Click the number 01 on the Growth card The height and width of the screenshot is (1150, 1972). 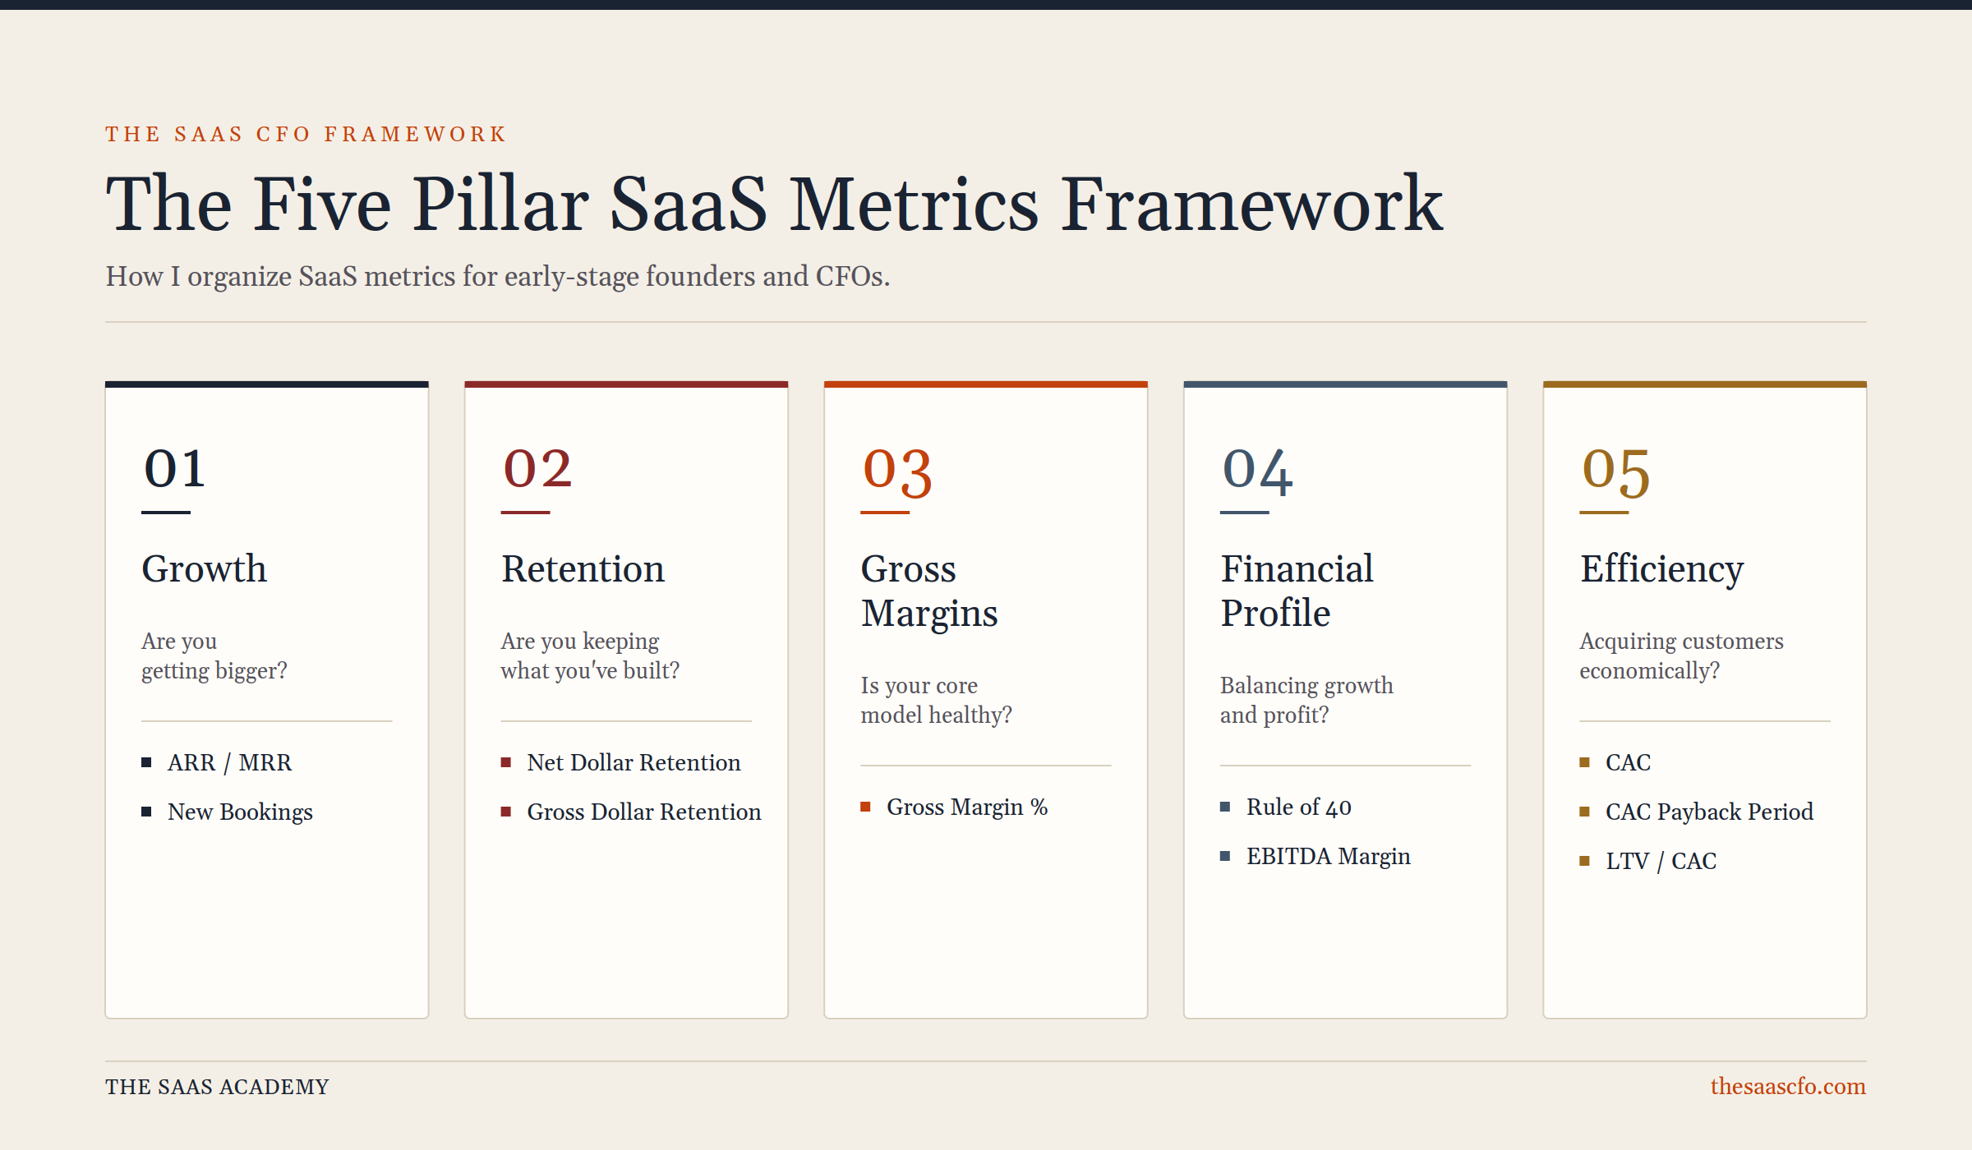tap(174, 469)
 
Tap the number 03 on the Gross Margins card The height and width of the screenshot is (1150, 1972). tap(897, 472)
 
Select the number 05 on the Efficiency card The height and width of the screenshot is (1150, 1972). tap(1615, 472)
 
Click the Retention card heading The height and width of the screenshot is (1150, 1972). tap(583, 568)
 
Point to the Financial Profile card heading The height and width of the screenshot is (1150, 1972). tap(1297, 591)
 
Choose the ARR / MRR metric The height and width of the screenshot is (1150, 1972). tap(229, 762)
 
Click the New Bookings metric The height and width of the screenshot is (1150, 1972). tap(240, 812)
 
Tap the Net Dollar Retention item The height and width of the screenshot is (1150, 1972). tap(634, 762)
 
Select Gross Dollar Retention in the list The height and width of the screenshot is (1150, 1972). tap(644, 812)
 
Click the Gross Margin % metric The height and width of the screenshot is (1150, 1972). tap(967, 807)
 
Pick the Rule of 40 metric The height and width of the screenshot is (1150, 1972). tap(1299, 807)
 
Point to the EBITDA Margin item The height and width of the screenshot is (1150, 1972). tap(1329, 856)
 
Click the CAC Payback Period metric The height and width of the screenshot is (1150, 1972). tap(1709, 812)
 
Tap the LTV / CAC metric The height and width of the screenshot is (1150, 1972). tap(1661, 861)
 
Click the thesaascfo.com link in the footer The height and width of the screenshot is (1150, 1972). tap(1788, 1086)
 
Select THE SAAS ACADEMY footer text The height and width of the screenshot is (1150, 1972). tap(217, 1087)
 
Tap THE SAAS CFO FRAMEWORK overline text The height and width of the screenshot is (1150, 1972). tap(306, 134)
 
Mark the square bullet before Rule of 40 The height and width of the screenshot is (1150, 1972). tap(1225, 807)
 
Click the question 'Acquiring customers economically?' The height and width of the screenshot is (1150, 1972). tap(1681, 655)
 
